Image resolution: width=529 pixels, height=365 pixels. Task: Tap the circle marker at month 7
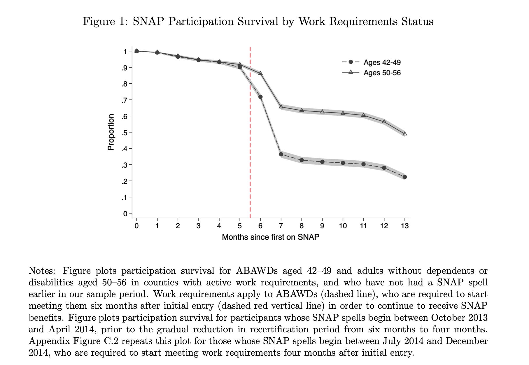click(x=281, y=154)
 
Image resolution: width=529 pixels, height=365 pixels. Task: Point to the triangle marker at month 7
click(x=281, y=107)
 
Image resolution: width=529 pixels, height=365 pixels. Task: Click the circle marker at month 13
click(x=405, y=177)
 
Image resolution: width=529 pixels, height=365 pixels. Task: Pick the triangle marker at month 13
click(x=405, y=134)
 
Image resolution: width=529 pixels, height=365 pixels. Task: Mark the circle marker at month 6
click(x=260, y=97)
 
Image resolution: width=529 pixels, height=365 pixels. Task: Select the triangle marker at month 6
click(x=260, y=73)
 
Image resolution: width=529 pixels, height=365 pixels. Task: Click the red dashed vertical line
click(x=250, y=131)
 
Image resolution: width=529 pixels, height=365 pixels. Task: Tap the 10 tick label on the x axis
click(x=343, y=226)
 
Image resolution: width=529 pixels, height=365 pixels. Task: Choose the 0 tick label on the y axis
click(x=125, y=214)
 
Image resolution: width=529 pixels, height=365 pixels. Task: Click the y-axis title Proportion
click(x=111, y=132)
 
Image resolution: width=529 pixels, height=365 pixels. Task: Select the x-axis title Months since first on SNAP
click(x=270, y=237)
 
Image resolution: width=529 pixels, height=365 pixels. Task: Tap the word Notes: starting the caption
click(x=42, y=271)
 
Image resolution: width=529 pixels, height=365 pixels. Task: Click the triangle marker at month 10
click(x=343, y=113)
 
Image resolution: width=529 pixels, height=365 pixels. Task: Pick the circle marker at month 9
click(x=322, y=162)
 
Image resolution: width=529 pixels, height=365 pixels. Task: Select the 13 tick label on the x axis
click(x=405, y=226)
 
